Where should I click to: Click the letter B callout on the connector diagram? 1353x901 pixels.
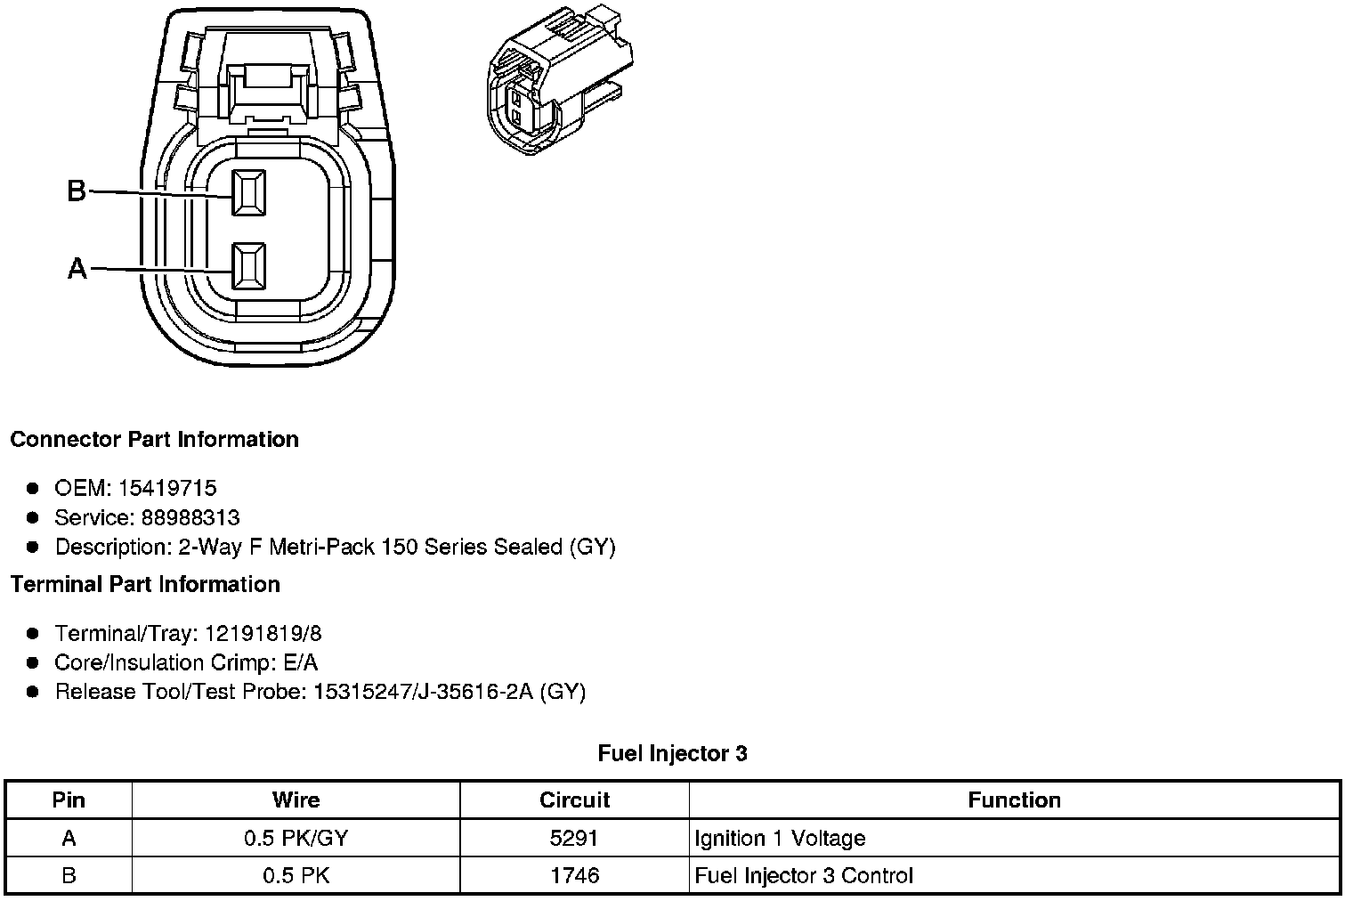point(77,191)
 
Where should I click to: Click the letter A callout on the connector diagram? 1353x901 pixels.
point(77,268)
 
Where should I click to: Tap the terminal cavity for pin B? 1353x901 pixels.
point(248,191)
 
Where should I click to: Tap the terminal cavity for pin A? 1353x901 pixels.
point(248,265)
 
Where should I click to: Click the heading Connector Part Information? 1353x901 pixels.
point(154,440)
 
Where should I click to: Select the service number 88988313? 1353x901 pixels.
point(190,517)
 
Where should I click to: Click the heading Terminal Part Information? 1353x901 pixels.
point(145,584)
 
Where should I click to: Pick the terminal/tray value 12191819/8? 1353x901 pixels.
point(263,633)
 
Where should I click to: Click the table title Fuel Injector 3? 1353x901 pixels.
point(672,753)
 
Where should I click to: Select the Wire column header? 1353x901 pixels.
point(296,800)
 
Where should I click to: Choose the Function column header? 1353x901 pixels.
point(1014,800)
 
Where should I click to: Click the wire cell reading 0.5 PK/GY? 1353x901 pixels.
point(296,838)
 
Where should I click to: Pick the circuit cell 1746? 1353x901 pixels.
point(574,875)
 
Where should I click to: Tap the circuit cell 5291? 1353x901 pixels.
point(574,838)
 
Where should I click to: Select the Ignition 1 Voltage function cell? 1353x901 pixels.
point(780,838)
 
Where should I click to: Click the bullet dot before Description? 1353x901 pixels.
point(33,547)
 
